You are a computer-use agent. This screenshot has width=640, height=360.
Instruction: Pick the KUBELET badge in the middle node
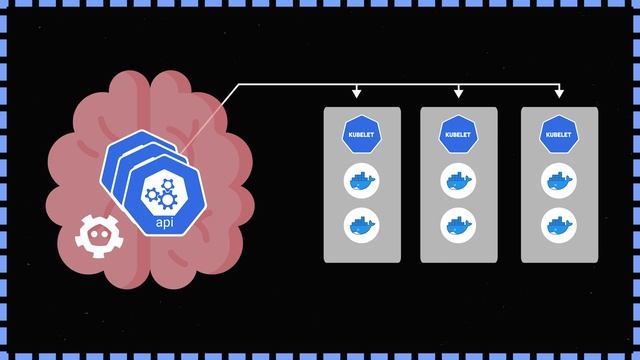[458, 134]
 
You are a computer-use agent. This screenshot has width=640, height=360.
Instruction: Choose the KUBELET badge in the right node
[560, 134]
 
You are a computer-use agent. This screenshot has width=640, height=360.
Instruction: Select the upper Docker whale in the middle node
[458, 181]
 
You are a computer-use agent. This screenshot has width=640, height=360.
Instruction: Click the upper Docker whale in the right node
[560, 181]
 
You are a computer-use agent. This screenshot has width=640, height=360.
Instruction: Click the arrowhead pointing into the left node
[357, 95]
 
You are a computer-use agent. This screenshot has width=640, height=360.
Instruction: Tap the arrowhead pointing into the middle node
[459, 95]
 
